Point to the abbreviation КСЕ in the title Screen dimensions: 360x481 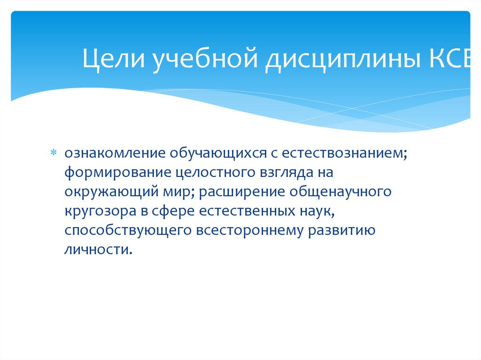[x=450, y=61]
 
